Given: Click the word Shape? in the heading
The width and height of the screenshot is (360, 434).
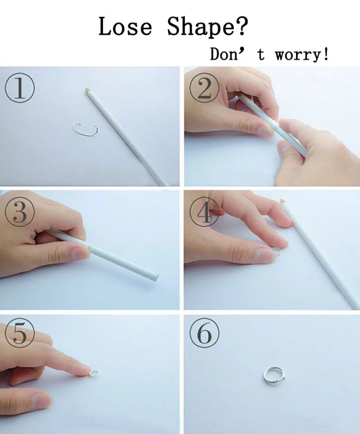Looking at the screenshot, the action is [207, 27].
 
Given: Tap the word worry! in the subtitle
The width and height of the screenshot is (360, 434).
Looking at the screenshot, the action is [302, 54].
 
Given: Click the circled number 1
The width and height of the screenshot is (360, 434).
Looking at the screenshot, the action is [20, 88].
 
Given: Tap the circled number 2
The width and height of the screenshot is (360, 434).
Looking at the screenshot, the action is [204, 88].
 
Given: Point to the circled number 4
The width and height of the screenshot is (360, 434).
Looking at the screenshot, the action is [204, 212].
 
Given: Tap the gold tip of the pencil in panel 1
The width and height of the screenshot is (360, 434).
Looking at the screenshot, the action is [88, 90].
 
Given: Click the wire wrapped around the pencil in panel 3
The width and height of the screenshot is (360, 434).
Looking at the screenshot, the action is [89, 245].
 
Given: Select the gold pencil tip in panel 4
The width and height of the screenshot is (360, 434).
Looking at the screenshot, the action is [282, 201].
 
